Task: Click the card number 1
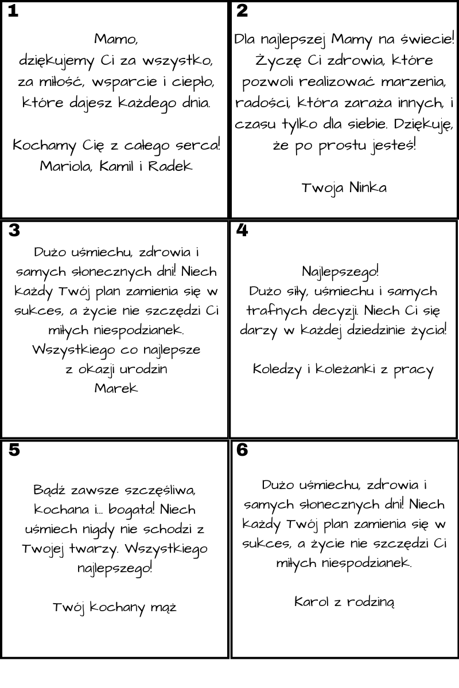13,11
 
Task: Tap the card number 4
242,230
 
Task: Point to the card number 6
242,450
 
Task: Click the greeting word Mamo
115,40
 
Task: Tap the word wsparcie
122,82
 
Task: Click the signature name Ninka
368,187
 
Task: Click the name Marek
116,388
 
